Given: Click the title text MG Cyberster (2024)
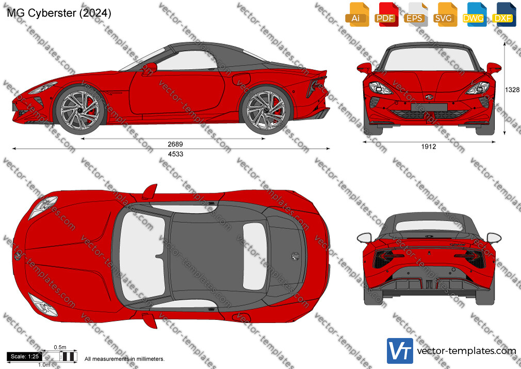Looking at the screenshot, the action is click(59, 13).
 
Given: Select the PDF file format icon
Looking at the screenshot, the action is click(385, 14).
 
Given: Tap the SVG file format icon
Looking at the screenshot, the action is click(444, 14).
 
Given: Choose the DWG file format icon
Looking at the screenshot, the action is click(473, 14).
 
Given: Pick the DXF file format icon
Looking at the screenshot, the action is click(503, 14).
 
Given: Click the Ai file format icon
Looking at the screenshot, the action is click(356, 14).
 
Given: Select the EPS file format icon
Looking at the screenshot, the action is click(415, 14).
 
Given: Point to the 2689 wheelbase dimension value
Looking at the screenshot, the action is click(175, 144).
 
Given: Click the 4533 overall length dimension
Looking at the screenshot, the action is click(175, 154).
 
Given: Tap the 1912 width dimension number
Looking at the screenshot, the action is click(429, 147).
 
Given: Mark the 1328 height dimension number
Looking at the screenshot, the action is click(512, 89).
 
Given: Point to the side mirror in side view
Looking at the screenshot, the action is click(150, 68).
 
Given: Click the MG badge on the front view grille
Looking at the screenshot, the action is click(429, 97).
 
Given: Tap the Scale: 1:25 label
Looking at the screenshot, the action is click(25, 357).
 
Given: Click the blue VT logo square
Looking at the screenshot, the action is click(400, 351).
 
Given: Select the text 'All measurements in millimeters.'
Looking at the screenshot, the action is click(125, 359).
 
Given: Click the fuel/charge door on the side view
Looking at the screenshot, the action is click(241, 79).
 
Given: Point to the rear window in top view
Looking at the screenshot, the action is click(254, 256).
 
